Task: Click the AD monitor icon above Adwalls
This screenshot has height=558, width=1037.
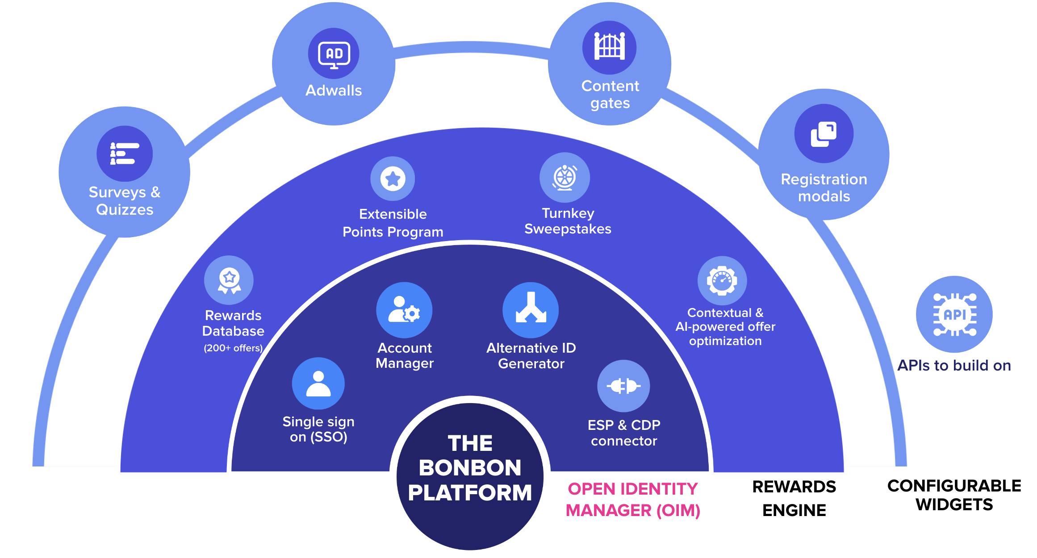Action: coord(334,54)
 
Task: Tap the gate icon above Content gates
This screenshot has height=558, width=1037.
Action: coord(609,47)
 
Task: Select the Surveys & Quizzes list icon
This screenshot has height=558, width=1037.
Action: coord(125,154)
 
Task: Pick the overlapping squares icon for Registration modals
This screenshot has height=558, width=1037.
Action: coord(824,133)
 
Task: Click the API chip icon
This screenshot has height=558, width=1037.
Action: coord(954,314)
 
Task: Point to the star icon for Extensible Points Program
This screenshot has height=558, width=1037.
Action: coord(393,179)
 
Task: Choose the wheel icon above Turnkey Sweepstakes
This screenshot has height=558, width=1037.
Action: coord(564,177)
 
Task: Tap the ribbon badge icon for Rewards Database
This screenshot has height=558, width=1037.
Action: coord(229,280)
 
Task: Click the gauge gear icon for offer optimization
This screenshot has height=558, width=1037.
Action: coord(722,280)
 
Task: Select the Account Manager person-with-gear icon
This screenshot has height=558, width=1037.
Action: coord(404,310)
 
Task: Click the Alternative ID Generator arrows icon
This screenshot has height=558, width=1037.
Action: coord(531,310)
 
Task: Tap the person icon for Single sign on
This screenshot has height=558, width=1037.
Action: coord(318,383)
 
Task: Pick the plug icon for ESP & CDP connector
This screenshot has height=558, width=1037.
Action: coord(623,386)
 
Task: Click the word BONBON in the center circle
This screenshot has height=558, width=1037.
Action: coord(470,468)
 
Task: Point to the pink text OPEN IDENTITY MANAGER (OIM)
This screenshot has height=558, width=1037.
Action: coord(632,500)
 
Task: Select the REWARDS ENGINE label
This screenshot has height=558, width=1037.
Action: coord(794,498)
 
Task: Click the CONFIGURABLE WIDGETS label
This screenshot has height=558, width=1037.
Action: coord(954,495)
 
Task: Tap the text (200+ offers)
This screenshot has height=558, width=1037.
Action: coord(233,348)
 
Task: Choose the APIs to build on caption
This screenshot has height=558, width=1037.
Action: coord(954,366)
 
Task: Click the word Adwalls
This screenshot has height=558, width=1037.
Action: coord(334,91)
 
